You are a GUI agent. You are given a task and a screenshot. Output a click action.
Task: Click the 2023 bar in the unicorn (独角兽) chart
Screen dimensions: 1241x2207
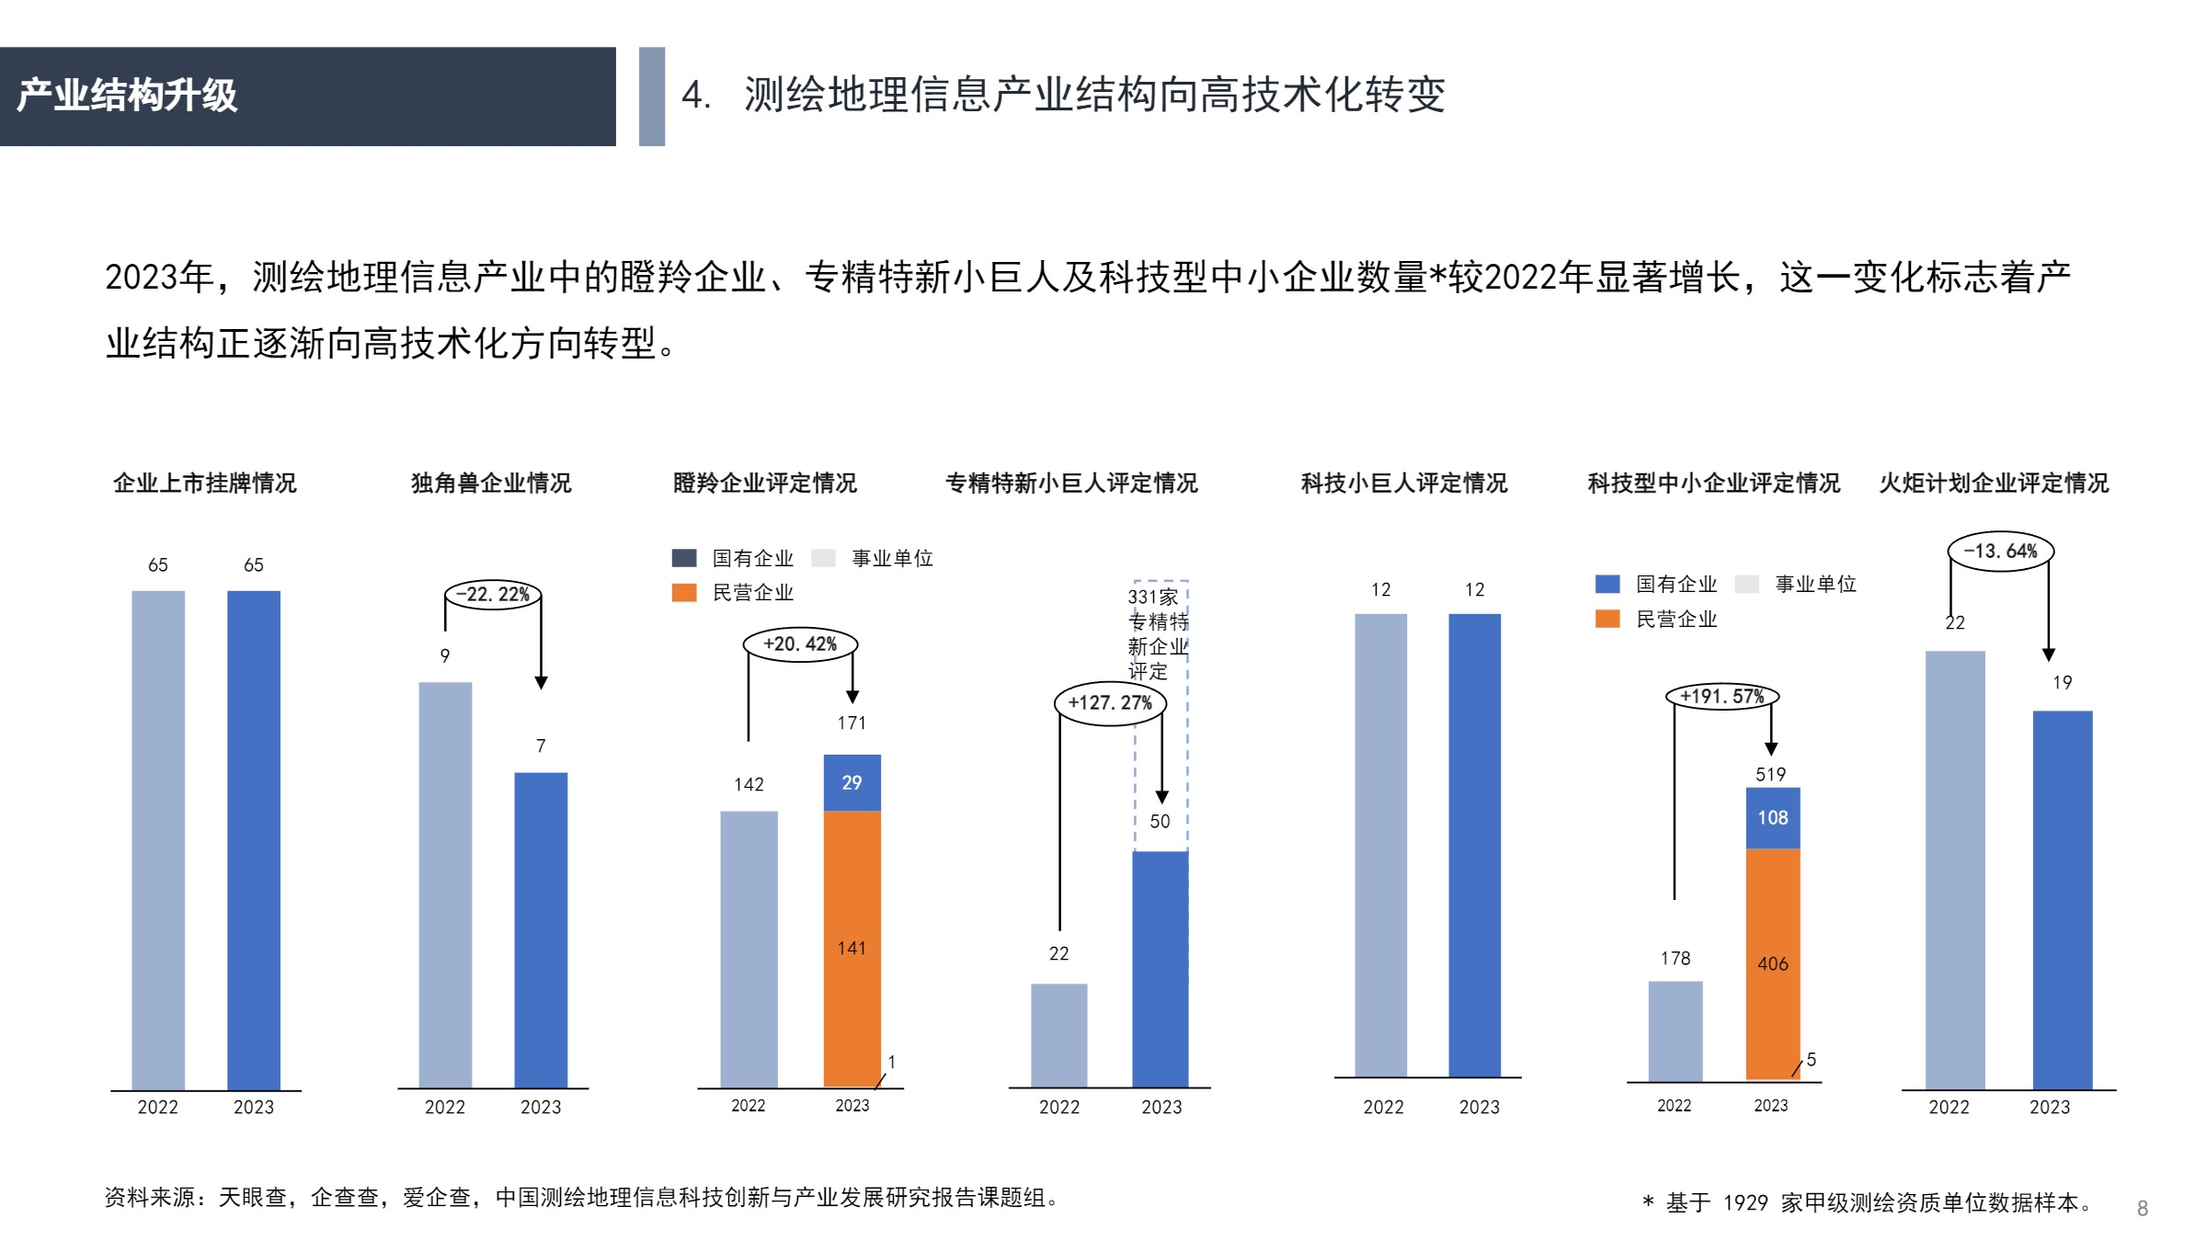[x=541, y=928]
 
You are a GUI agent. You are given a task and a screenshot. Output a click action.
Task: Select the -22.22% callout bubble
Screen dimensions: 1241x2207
[x=494, y=595]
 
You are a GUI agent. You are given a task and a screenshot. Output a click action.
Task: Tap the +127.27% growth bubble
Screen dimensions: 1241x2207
[x=1110, y=703]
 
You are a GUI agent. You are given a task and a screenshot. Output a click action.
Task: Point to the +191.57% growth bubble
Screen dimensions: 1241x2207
[x=1722, y=697]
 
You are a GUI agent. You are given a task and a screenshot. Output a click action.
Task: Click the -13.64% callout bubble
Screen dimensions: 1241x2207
[x=2000, y=552]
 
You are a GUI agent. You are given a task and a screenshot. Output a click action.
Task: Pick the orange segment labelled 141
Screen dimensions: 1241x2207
[x=852, y=947]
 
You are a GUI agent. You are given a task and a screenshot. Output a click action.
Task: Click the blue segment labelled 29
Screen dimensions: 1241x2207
[x=852, y=782]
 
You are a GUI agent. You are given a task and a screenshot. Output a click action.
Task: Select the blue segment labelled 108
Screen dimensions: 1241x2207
[x=1773, y=817]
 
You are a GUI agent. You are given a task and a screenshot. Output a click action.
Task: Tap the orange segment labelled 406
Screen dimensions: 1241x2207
[x=1773, y=963]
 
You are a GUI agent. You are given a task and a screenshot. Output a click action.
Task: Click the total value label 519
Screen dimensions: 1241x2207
[x=1770, y=774]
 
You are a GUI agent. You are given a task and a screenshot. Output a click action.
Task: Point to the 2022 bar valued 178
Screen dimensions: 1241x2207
[x=1675, y=1030]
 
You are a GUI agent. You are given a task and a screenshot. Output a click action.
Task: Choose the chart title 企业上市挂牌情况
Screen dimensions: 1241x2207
[x=205, y=484]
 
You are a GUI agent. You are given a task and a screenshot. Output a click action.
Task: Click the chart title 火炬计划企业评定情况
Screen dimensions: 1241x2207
[x=1994, y=484]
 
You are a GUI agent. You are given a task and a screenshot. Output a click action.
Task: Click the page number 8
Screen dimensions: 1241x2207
[x=2142, y=1209]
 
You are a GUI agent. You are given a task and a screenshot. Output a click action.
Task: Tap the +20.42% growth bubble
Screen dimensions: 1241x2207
[x=800, y=644]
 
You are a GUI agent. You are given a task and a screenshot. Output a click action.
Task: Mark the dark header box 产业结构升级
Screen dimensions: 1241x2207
[x=307, y=97]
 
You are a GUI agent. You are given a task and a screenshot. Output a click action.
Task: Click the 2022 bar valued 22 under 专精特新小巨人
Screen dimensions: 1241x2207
[x=1058, y=1035]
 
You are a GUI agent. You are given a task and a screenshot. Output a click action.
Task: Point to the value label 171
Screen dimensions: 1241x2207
[x=852, y=723]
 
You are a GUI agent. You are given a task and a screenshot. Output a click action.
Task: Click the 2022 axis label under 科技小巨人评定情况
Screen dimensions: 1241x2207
[x=1383, y=1108]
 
